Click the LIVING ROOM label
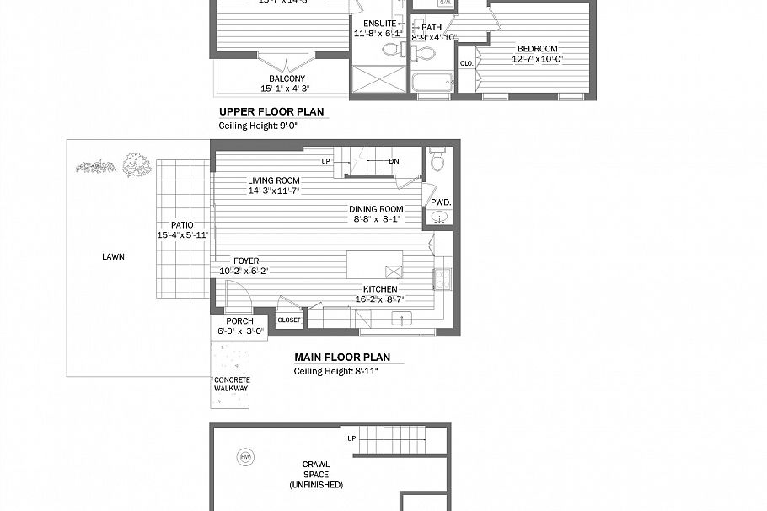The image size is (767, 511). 273,180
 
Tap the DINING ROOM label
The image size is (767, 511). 376,209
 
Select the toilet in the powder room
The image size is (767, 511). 437,160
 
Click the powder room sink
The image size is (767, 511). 439,218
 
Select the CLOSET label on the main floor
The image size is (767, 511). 289,320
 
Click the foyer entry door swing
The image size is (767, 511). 239,297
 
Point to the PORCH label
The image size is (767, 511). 239,321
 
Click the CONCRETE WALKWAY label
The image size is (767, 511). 231,385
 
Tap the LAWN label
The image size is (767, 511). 114,257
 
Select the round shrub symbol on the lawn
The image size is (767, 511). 133,164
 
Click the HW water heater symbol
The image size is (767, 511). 246,456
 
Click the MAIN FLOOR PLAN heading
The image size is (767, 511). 341,358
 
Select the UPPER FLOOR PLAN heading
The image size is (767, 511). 271,111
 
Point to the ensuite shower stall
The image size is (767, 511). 378,81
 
